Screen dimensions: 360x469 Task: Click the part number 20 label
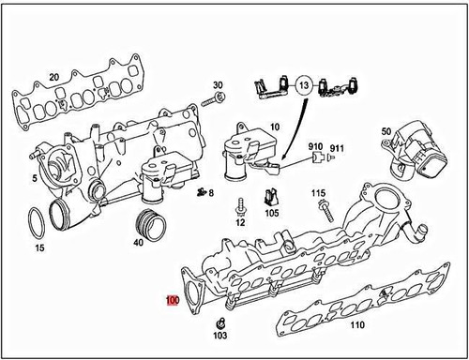tap(53, 76)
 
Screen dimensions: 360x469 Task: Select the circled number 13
tap(303, 85)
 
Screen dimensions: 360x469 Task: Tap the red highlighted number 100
tap(172, 301)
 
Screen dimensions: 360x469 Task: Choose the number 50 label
tap(386, 131)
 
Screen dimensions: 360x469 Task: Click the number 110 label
tap(356, 325)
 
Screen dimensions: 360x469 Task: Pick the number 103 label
tap(219, 335)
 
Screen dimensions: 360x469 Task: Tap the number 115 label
tap(319, 193)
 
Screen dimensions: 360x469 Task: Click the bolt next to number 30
tap(219, 97)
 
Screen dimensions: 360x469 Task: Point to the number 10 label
tap(275, 126)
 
